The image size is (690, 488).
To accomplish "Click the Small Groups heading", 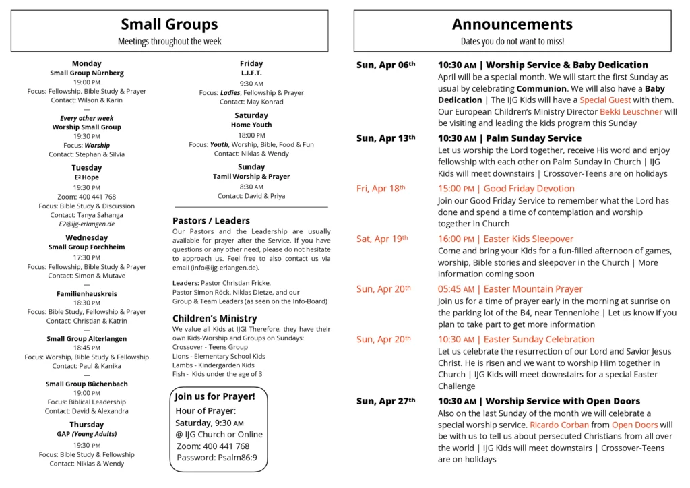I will [x=169, y=24].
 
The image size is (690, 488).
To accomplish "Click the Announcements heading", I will [x=512, y=24].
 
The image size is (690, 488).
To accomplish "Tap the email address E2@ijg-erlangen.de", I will [x=86, y=224].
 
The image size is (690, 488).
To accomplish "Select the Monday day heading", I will [x=86, y=63].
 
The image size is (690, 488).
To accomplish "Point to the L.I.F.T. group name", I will [x=251, y=73].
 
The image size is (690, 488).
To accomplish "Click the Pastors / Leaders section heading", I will [x=211, y=220].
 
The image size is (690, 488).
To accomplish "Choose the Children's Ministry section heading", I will [x=214, y=318].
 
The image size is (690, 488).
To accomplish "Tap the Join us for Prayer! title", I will [x=215, y=396].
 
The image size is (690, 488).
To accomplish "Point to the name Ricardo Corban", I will [x=559, y=425].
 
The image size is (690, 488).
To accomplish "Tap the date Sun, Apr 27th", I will [x=385, y=401].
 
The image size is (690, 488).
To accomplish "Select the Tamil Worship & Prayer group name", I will [x=251, y=177].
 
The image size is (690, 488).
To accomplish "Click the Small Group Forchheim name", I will [x=86, y=247].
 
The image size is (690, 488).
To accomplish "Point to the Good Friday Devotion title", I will [x=506, y=189].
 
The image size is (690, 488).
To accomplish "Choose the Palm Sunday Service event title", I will [x=509, y=138].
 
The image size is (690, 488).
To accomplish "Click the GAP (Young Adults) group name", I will [x=86, y=434].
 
